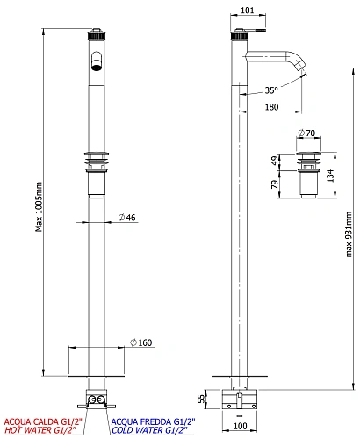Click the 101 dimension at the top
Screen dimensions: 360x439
[248, 11]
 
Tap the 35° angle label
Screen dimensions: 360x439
[271, 90]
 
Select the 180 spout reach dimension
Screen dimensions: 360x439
[271, 107]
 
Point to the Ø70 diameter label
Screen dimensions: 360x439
[306, 133]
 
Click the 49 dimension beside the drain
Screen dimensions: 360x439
[275, 161]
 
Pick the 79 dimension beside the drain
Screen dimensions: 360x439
[275, 184]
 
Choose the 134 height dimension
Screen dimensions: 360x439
[330, 176]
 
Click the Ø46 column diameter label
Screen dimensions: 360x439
[127, 218]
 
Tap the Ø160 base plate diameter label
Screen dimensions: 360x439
[141, 342]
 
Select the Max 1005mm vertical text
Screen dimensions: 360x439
[39, 207]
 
